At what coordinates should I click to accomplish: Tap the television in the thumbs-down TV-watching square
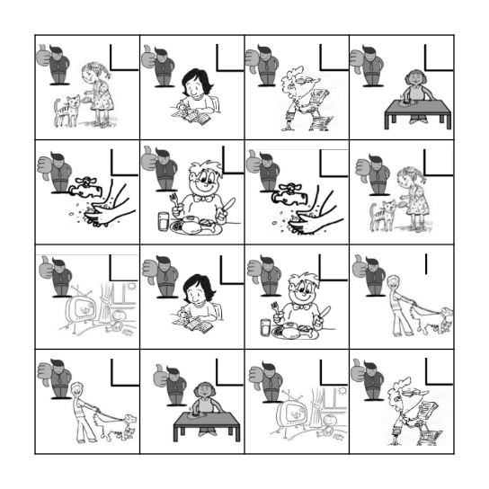coord(293,414)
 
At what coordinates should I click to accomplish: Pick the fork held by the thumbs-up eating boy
coord(173,199)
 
